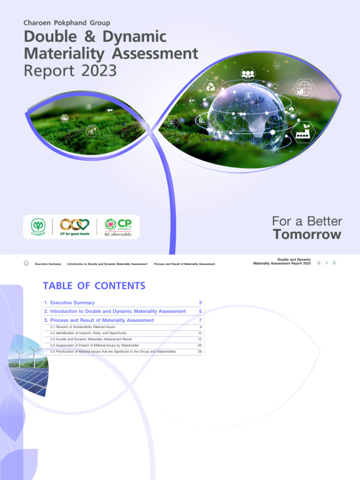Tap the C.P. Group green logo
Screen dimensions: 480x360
(38, 226)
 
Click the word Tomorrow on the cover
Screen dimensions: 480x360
(307, 234)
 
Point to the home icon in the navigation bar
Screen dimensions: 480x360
(26, 263)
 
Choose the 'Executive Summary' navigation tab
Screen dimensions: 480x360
(48, 264)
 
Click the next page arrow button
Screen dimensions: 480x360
(334, 263)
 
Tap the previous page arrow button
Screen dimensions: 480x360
(319, 263)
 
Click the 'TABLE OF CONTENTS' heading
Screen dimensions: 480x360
(94, 285)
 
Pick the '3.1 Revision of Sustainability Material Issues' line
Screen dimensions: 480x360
(82, 327)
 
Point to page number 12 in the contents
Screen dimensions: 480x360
(200, 339)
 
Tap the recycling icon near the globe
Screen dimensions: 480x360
(211, 87)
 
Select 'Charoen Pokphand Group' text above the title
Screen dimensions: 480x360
(67, 22)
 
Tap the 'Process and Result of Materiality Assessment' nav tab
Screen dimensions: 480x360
(184, 264)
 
